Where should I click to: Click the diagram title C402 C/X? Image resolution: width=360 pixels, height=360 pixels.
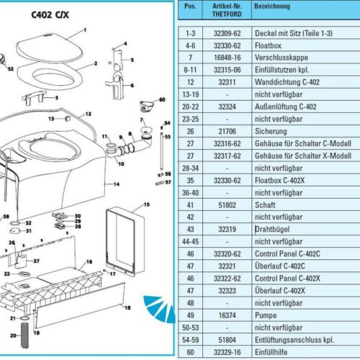click(x=50, y=15)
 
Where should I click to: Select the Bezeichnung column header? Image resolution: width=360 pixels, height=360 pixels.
click(x=272, y=6)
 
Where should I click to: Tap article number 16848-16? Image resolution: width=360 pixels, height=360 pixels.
click(x=227, y=58)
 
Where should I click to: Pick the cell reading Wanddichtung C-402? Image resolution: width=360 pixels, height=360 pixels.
click(x=287, y=82)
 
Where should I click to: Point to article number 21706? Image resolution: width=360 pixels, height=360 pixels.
click(x=227, y=131)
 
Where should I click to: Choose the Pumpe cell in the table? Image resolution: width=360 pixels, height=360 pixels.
click(x=266, y=315)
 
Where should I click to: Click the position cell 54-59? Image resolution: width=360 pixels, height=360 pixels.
click(x=190, y=340)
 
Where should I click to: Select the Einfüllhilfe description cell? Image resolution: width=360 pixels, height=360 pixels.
click(x=271, y=352)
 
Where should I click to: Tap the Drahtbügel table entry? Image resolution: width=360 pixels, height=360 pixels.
click(x=272, y=229)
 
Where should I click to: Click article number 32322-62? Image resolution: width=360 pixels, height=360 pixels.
click(x=227, y=279)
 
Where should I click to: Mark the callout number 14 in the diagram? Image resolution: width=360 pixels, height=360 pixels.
click(x=117, y=184)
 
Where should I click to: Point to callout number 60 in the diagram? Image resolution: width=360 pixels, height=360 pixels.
click(x=162, y=99)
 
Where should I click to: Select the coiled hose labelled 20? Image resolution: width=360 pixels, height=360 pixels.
click(x=24, y=335)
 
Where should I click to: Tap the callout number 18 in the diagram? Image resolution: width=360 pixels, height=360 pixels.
click(x=127, y=307)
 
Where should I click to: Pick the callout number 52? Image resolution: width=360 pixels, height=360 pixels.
click(x=11, y=69)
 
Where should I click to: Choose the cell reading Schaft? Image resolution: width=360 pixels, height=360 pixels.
click(x=265, y=205)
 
